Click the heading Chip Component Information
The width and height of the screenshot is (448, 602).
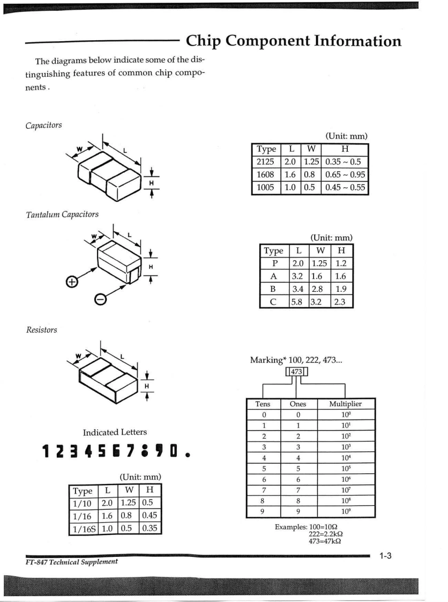[293, 41]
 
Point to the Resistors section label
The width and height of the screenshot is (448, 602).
[41, 330]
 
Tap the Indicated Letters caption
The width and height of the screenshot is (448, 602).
[115, 432]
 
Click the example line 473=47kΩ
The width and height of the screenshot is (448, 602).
[324, 541]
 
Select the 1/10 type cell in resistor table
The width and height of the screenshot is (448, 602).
[81, 504]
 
